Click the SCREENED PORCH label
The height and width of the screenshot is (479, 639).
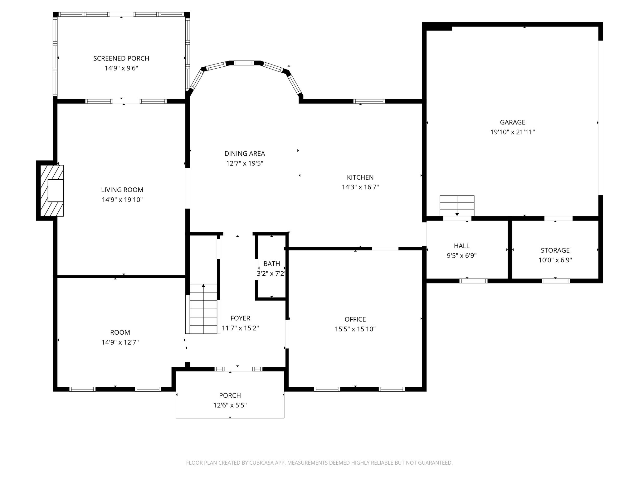coord(121,58)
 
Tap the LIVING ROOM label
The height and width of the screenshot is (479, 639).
coord(122,190)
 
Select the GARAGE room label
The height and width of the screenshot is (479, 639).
coord(513,122)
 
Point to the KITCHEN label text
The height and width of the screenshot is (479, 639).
coord(360,177)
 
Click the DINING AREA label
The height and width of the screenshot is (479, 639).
coord(245,153)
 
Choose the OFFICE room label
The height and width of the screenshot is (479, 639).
coord(355,319)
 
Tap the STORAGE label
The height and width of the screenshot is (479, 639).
coord(555,250)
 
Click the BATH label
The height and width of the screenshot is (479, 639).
coord(272,264)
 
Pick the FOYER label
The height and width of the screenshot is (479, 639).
coord(240,318)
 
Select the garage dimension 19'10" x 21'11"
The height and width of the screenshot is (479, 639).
coord(513,132)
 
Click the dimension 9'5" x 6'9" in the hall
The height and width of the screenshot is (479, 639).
coord(462,256)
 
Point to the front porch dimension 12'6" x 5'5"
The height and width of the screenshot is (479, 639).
coord(230,405)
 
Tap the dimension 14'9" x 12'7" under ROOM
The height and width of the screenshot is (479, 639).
coord(120,342)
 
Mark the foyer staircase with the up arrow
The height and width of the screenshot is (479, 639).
coord(203,309)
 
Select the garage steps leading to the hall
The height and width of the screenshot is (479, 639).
coord(457,206)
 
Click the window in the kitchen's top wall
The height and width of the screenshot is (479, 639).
coord(369,101)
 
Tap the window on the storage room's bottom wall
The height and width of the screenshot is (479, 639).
coord(556,281)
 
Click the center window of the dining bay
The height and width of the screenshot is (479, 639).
coord(244,63)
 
